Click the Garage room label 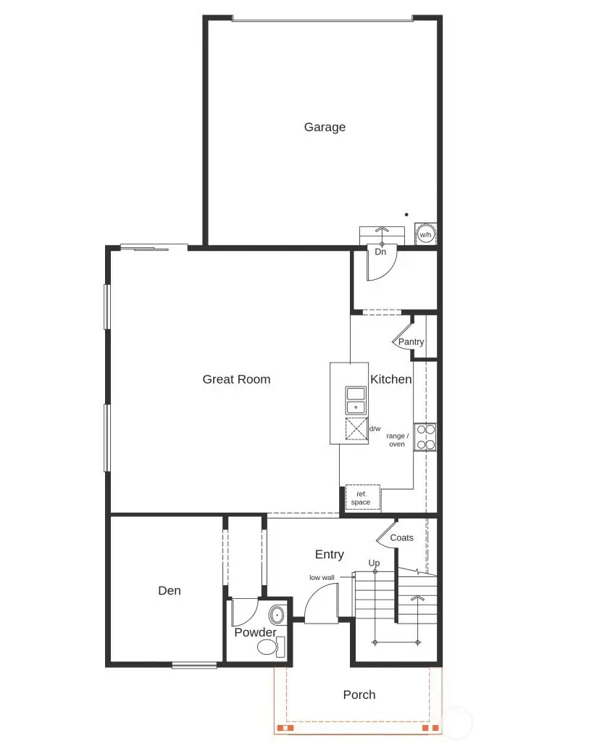pos(325,127)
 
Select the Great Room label pos(236,379)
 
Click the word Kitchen pos(391,379)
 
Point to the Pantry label pos(411,342)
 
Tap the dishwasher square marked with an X pos(356,429)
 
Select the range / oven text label pos(397,440)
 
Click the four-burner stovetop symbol pos(425,437)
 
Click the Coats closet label pos(401,538)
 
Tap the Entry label pos(329,555)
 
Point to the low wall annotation pos(322,578)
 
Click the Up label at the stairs pos(374,563)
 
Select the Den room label pos(170,591)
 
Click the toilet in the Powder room pos(269,646)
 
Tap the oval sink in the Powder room pos(277,616)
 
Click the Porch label pos(359,695)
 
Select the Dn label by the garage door pos(380,252)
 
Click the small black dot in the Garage pos(406,215)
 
